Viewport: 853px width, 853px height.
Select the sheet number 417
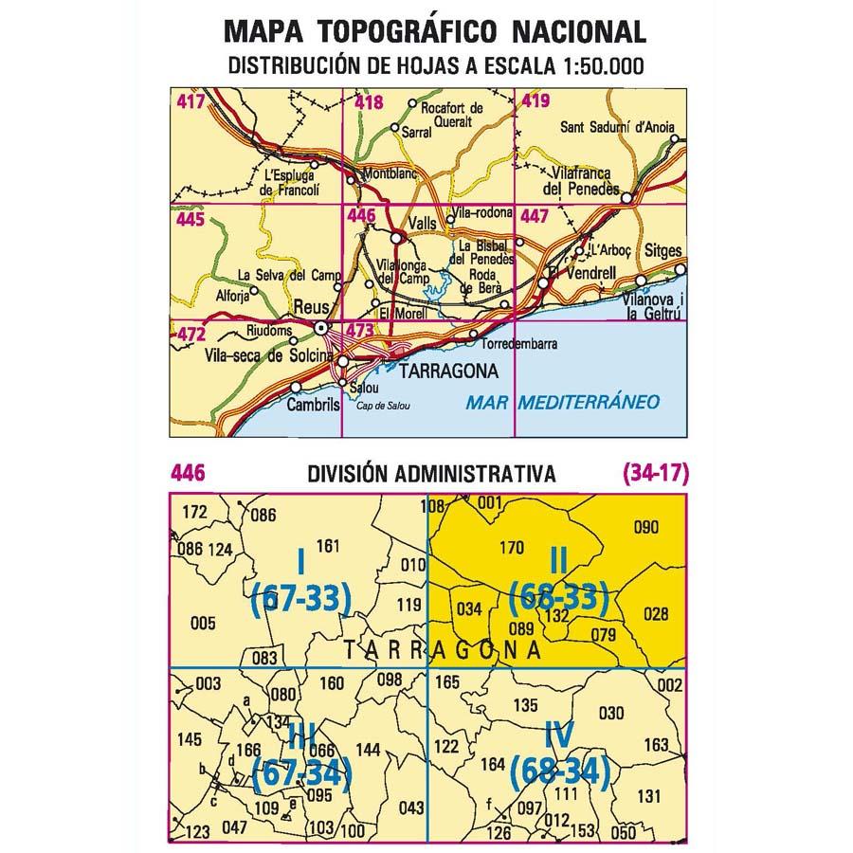191,101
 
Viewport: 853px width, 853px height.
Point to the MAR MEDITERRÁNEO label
563,402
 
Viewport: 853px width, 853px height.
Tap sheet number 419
535,101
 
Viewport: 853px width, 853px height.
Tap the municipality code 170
511,547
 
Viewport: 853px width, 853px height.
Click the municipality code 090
644,528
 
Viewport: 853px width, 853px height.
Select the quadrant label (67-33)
301,598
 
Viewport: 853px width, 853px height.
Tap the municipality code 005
204,623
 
